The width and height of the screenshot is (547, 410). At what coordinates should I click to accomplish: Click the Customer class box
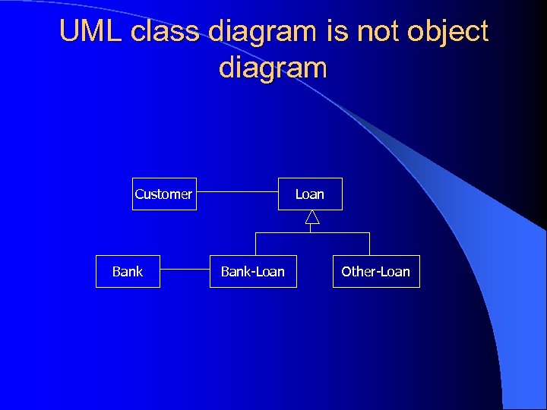click(163, 194)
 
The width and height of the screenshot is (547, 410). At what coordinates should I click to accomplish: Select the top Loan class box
click(310, 194)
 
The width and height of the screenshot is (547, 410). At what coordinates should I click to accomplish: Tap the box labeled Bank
click(128, 271)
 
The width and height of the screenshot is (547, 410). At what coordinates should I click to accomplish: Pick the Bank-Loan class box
click(253, 271)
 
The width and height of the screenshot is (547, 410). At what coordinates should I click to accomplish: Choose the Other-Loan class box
click(375, 271)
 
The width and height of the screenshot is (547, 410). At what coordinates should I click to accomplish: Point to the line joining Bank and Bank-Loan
click(185, 269)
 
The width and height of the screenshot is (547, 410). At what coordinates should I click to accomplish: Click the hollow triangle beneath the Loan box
click(311, 217)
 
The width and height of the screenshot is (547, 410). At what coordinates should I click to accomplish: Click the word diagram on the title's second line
click(273, 69)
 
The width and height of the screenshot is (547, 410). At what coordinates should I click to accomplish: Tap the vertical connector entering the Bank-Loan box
click(255, 244)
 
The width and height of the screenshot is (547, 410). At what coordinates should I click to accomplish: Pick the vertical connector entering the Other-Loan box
click(369, 244)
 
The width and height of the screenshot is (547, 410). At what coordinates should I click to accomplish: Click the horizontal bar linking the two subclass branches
click(312, 232)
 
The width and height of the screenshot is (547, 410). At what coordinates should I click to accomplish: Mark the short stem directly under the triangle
click(311, 229)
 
